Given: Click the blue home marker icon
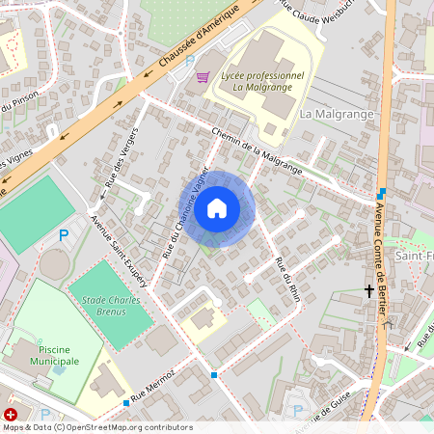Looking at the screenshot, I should (x=217, y=208).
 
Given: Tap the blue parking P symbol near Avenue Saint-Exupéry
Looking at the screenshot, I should (x=65, y=234).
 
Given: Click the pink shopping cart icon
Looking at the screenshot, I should (x=203, y=76).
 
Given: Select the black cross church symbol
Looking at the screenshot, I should (x=368, y=289).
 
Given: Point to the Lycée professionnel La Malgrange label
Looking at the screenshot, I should (x=261, y=81).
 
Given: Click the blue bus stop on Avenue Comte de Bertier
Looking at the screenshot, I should (x=382, y=193).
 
